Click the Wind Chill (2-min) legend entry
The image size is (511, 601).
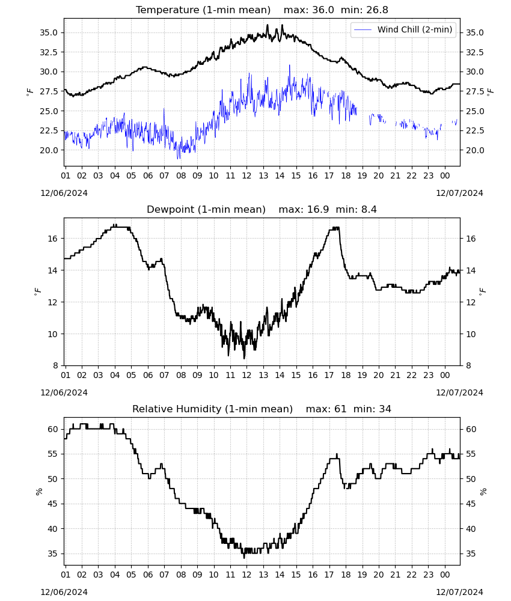[x=403, y=29]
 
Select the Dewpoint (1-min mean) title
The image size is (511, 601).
[x=206, y=209]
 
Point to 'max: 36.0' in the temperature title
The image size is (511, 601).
[x=308, y=10]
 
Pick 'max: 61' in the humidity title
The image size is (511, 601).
[x=326, y=409]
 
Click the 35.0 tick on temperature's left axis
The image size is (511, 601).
[x=49, y=32]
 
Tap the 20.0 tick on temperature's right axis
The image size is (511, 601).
[x=474, y=150]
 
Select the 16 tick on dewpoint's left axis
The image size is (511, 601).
[x=52, y=239]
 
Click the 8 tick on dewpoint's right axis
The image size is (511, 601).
[x=468, y=365]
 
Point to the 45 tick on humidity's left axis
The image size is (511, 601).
[x=52, y=504]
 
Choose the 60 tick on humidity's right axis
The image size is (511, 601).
[x=471, y=429]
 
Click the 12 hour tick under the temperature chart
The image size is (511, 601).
[x=246, y=175]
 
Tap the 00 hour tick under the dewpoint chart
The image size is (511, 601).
[x=445, y=375]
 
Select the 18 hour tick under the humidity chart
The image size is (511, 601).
[x=346, y=575]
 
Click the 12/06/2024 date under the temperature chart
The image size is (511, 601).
[x=64, y=193]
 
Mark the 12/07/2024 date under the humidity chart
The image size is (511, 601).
[x=459, y=592]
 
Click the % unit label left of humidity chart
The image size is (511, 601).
[x=38, y=492]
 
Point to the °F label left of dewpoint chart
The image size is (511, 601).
[x=37, y=291]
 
